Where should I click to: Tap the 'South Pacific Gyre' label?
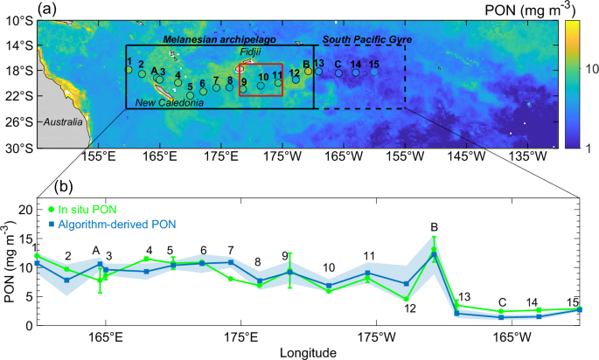[x=366, y=40]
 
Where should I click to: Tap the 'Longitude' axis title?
[x=310, y=353]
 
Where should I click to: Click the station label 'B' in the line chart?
[x=434, y=227]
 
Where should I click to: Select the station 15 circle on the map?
[x=374, y=73]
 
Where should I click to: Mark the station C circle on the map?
[x=338, y=73]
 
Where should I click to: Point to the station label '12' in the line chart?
[x=409, y=308]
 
